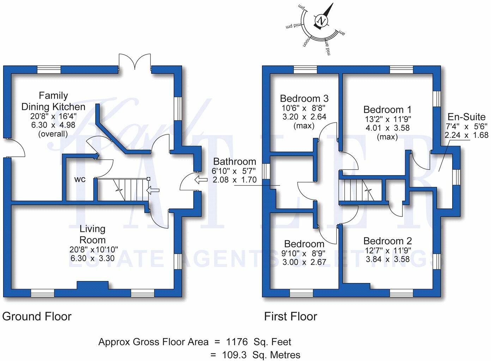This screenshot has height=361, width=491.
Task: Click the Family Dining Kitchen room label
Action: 53,101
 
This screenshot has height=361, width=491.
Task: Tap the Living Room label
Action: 92,234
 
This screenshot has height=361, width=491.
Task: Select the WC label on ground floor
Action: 80,179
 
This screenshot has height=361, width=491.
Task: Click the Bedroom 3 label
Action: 304,98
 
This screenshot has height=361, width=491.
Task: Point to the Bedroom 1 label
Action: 387,110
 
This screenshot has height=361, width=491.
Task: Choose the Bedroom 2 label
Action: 387,241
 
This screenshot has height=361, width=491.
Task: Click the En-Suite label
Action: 466,117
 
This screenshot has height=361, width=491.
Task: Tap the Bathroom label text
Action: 235,162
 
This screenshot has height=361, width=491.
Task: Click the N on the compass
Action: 321,20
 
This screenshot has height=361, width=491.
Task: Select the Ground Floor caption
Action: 37,317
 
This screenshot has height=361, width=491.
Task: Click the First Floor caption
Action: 290,317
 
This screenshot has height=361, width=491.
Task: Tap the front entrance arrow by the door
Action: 201,180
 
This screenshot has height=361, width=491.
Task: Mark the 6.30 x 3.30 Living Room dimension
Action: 92,258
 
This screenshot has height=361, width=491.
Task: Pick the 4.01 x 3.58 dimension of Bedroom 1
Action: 387,128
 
